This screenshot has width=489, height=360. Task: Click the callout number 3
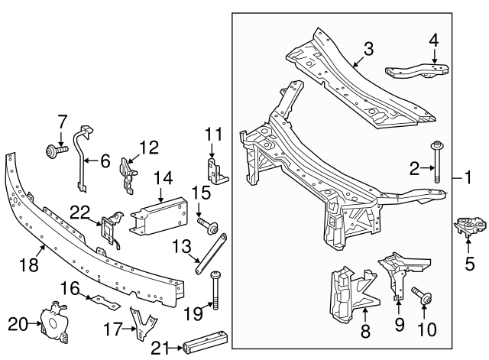[x=368, y=50]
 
